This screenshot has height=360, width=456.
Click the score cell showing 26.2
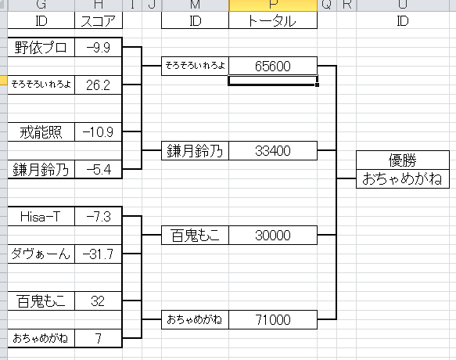tap(99, 85)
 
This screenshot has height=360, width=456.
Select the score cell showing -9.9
tap(99, 47)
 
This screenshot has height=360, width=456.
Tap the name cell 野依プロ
tap(41, 47)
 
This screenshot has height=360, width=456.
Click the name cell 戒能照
tap(41, 131)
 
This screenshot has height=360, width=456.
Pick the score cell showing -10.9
tap(99, 131)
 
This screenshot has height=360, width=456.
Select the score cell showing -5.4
tap(99, 169)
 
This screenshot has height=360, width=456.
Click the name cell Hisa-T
tap(41, 217)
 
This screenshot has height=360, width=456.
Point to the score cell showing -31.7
tap(99, 254)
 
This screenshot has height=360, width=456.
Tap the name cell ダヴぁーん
tap(41, 254)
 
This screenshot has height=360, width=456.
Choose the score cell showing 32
tap(99, 301)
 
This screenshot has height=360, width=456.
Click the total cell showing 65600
tap(273, 66)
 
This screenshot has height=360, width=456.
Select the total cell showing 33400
tap(273, 151)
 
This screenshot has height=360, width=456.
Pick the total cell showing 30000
tap(273, 235)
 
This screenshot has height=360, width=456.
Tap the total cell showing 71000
tap(273, 319)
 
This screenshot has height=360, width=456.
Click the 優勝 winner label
tap(403, 160)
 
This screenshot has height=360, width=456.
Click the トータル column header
tap(273, 20)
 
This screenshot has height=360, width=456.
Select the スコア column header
tap(99, 20)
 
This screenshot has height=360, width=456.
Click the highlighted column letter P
tap(273, 5)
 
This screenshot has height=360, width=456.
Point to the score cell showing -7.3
tap(99, 217)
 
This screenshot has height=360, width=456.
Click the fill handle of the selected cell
tap(317, 85)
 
